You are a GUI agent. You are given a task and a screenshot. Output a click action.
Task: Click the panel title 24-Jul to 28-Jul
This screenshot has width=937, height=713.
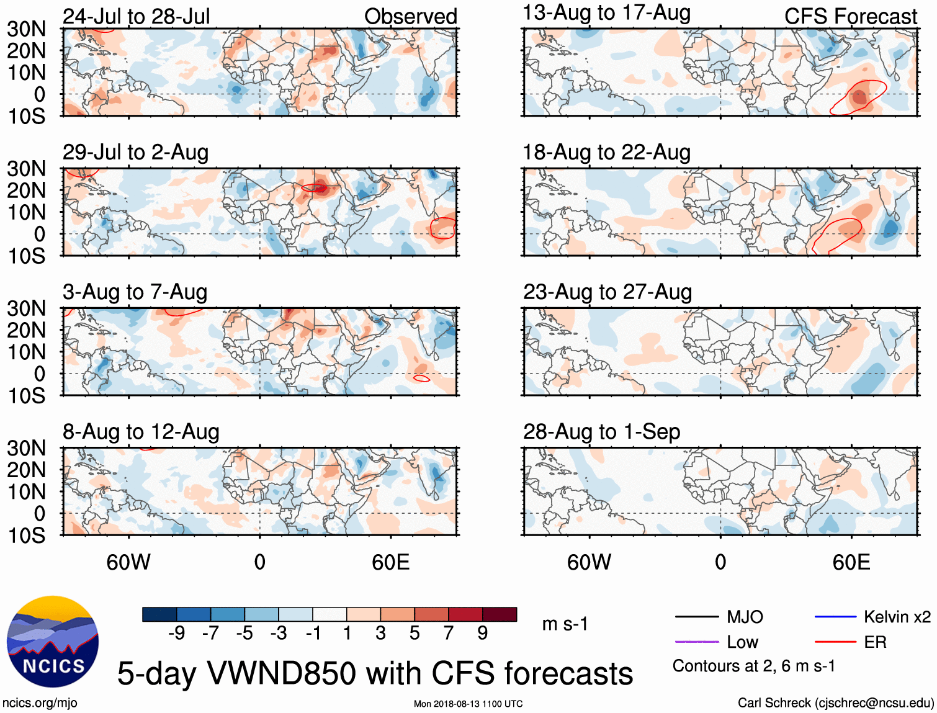137,16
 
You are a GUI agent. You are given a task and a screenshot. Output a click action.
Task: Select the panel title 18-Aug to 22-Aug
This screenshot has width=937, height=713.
606,152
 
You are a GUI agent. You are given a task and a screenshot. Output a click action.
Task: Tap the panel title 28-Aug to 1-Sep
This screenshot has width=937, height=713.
601,431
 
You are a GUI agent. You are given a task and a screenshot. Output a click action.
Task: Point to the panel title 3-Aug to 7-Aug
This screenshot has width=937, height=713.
135,292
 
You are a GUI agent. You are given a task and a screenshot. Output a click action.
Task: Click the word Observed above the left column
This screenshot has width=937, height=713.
410,17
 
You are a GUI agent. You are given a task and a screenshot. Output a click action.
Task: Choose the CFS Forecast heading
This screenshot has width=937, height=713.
850,17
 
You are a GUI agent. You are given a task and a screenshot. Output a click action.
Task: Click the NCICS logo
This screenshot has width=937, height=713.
53,642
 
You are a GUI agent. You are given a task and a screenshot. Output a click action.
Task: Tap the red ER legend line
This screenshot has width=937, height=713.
835,642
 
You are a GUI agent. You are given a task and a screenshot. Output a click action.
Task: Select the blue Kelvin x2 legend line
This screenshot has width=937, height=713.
835,617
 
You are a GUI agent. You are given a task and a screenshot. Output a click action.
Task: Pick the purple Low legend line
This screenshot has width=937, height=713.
696,642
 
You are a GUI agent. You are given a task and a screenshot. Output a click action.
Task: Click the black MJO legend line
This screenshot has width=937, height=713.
696,617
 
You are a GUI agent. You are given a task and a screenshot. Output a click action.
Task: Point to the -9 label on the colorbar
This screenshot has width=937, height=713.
176,633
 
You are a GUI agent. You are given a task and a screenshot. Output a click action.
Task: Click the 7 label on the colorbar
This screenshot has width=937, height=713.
448,633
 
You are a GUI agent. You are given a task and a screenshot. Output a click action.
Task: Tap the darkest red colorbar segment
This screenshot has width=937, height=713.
500,614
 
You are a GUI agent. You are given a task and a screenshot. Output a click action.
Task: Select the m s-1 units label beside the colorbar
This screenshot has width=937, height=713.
565,624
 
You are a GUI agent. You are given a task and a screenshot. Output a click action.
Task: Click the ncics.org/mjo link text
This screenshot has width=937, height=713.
40,703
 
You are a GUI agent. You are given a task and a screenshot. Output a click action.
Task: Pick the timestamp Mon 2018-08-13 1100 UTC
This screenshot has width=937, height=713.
468,704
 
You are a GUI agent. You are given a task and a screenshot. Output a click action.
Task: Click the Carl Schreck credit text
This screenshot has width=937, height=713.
835,702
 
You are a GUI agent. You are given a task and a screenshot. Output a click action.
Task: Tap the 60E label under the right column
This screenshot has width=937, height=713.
851,562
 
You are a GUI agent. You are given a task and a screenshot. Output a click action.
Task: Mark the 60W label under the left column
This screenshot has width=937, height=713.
128,562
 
